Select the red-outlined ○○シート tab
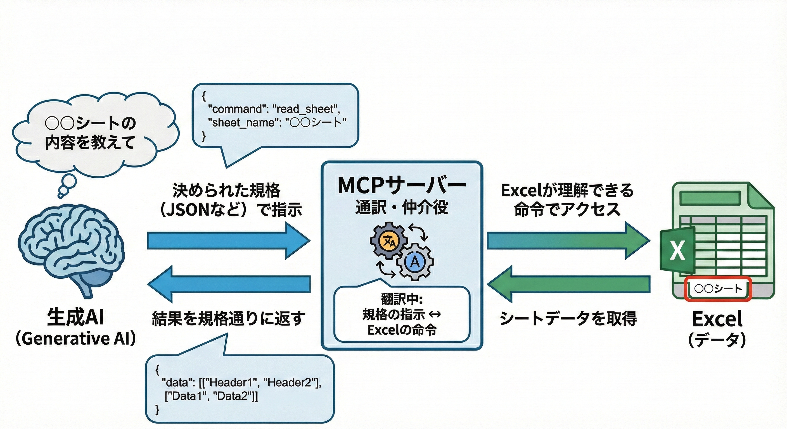point(717,289)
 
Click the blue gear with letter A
point(415,262)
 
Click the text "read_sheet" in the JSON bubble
point(305,109)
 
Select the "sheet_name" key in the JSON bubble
point(241,123)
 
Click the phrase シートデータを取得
point(568,318)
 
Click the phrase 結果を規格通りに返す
point(229,318)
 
